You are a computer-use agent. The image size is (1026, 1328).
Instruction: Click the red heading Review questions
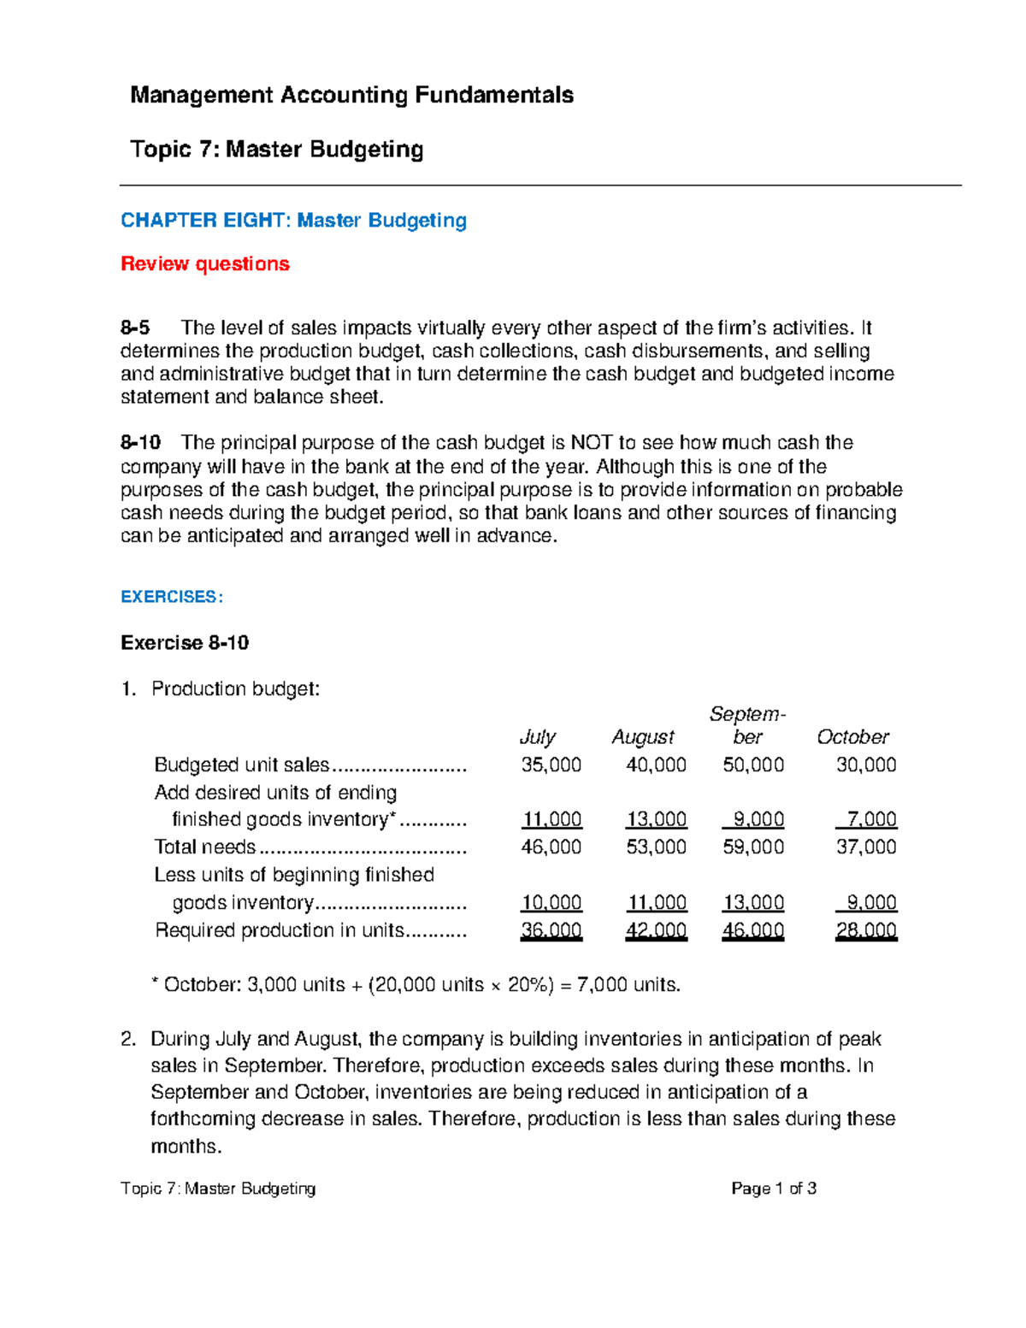(205, 263)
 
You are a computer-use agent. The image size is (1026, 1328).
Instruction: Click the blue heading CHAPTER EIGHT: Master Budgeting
(293, 220)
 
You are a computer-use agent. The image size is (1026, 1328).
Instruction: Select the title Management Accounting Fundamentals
(351, 94)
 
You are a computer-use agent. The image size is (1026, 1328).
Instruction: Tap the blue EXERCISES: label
(172, 597)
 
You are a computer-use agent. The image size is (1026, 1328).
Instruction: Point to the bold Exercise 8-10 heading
(185, 642)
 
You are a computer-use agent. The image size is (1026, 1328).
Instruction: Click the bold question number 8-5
(135, 328)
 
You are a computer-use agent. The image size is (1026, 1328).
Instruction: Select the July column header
(538, 736)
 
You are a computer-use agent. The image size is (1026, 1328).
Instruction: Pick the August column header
(643, 736)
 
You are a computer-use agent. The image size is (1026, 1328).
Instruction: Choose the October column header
(852, 736)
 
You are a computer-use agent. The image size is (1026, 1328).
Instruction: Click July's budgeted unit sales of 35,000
(551, 764)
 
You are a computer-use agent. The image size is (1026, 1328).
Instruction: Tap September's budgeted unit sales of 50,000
(753, 764)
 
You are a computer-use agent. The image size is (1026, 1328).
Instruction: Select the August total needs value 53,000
(656, 847)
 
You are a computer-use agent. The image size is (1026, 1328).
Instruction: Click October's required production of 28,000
(866, 930)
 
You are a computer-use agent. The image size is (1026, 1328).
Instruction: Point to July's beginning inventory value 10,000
(551, 902)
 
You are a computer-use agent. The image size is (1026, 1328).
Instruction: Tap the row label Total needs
(205, 847)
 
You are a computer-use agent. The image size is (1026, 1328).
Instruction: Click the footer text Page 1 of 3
(774, 1188)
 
